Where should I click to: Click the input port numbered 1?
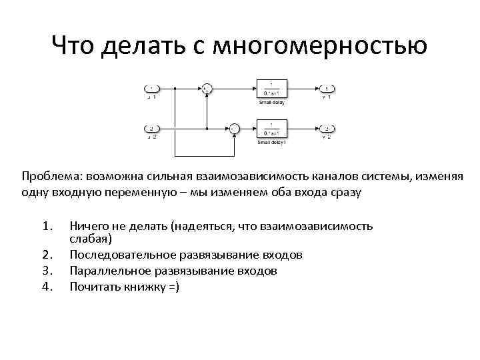click(151, 89)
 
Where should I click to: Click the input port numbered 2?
click(151, 129)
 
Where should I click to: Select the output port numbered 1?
click(326, 89)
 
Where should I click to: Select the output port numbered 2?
click(326, 129)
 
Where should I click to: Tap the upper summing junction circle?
click(207, 89)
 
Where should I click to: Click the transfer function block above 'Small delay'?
click(271, 89)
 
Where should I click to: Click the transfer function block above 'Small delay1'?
click(271, 129)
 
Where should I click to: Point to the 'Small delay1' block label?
click(271, 143)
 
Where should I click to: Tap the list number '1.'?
click(47, 227)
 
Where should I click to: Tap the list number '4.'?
click(47, 287)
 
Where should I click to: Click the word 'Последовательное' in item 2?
click(123, 255)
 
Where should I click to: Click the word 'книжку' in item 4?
click(144, 287)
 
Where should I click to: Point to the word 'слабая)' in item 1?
click(91, 238)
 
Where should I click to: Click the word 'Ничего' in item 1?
click(90, 227)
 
